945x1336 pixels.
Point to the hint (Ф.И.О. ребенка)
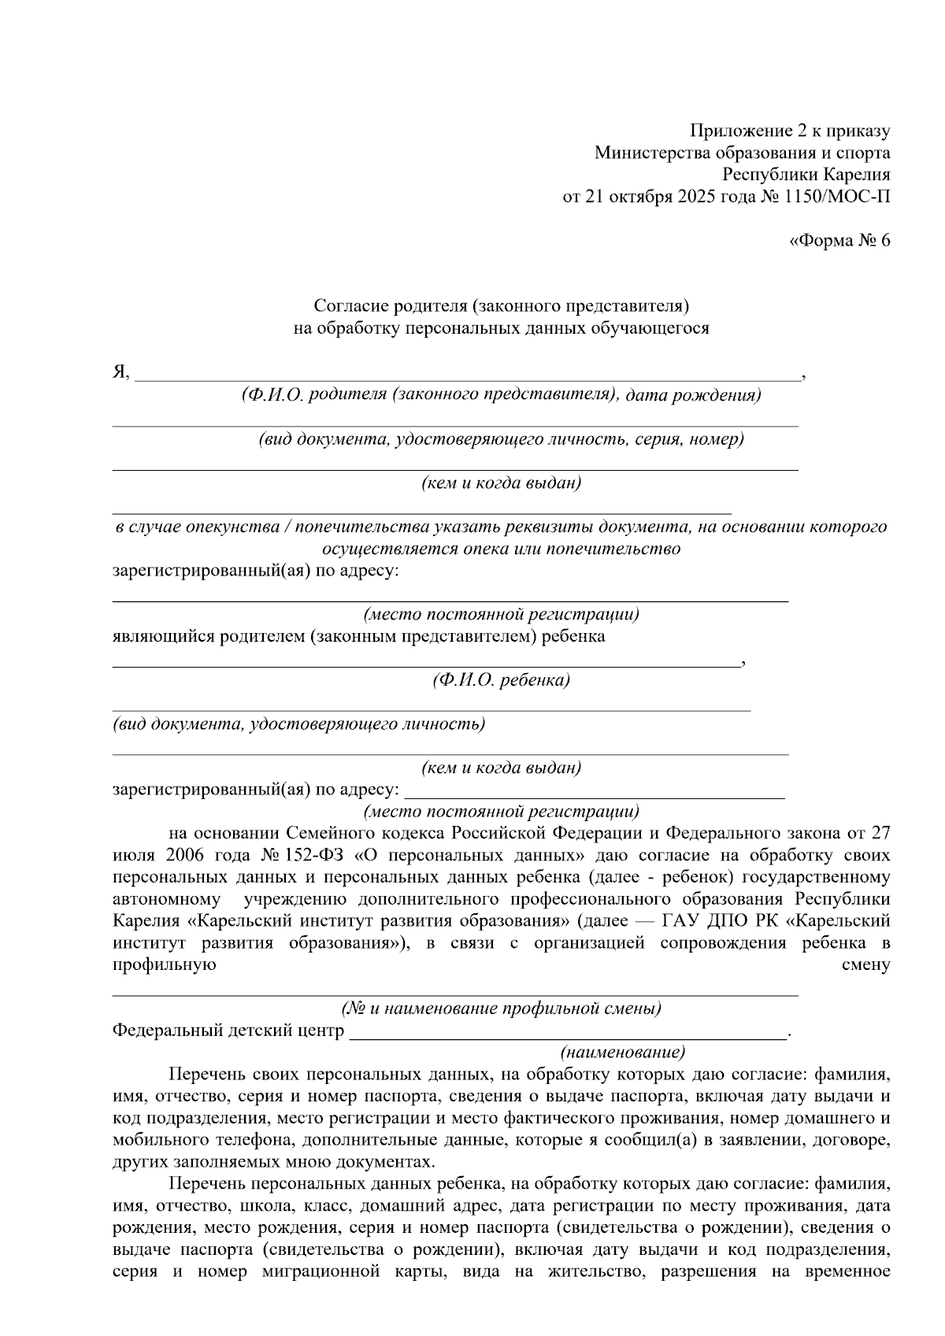[x=501, y=680]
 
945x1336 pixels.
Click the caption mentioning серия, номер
[x=501, y=439]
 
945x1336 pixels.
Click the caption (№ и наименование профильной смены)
[x=501, y=1008]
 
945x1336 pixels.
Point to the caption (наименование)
[x=622, y=1052]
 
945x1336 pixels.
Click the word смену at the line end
[x=866, y=965]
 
